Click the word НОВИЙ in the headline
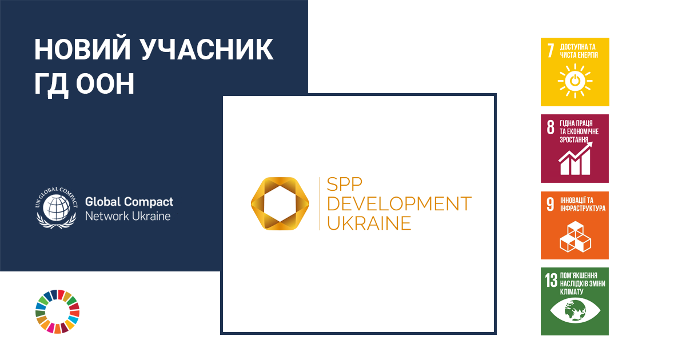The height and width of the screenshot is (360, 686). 83,49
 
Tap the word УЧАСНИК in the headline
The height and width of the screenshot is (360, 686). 208,50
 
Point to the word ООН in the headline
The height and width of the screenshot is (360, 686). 105,83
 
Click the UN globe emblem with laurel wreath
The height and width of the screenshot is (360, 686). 57,208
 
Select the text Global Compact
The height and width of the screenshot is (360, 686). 129,202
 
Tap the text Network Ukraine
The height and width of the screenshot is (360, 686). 128,216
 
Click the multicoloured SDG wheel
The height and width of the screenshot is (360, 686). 58,311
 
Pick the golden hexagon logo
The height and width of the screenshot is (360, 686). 280,204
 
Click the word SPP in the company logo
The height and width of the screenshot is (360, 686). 345,184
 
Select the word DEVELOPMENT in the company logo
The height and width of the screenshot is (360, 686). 400,204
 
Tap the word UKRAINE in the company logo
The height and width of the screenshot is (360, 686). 369,223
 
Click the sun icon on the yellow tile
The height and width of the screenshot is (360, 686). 575,81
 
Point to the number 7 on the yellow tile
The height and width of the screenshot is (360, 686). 551,50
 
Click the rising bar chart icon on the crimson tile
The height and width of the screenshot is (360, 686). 575,158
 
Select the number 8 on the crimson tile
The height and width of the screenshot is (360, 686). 551,127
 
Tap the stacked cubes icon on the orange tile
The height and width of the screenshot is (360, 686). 575,237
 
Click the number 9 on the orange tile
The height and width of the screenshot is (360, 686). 551,204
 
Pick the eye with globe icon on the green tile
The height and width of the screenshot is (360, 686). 575,311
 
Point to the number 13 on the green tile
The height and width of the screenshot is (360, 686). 551,280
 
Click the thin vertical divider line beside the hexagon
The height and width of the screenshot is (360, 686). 320,203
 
